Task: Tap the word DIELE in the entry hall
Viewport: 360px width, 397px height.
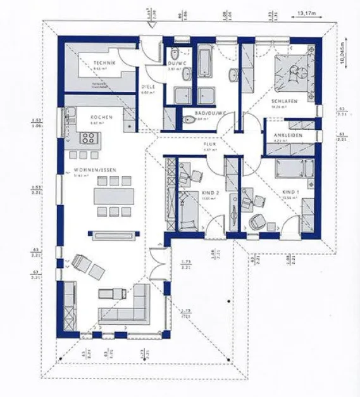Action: point(148,87)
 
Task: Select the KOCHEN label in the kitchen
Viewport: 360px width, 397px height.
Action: point(101,117)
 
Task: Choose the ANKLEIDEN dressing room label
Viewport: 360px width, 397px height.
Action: point(288,135)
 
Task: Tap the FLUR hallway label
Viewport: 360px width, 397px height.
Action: point(210,144)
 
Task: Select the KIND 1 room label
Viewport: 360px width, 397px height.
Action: point(289,191)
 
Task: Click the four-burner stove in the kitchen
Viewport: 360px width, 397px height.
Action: point(87,139)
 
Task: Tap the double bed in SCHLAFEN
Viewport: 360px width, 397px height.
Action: point(293,73)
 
